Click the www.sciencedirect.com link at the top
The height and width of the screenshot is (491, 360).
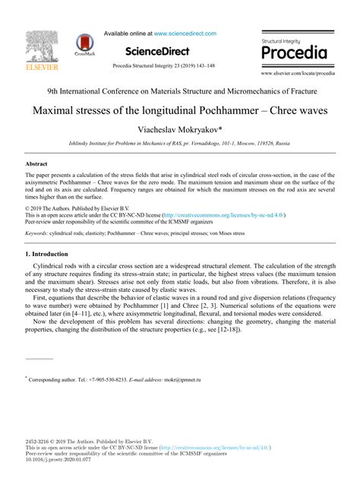pyautogui.click(x=185, y=33)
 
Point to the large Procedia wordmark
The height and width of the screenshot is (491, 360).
pyautogui.click(x=294, y=53)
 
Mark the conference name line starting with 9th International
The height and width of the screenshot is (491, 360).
pyautogui.click(x=179, y=90)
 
